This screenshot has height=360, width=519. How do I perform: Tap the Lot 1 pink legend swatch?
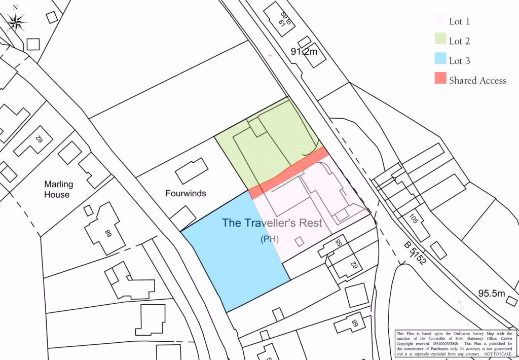440,20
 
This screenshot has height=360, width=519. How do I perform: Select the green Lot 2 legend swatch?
440,40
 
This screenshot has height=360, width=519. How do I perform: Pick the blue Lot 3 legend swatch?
440,60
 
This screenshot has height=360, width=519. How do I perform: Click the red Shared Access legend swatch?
440,79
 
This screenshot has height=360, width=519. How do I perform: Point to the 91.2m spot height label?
304,52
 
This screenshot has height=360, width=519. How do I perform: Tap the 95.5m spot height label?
492,294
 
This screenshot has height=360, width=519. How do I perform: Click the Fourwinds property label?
186,194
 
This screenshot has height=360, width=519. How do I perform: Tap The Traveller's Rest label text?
272,223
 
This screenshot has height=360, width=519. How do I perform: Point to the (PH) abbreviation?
270,239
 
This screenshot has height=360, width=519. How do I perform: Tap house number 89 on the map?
107,234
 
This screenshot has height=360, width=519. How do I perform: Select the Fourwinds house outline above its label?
192,171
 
